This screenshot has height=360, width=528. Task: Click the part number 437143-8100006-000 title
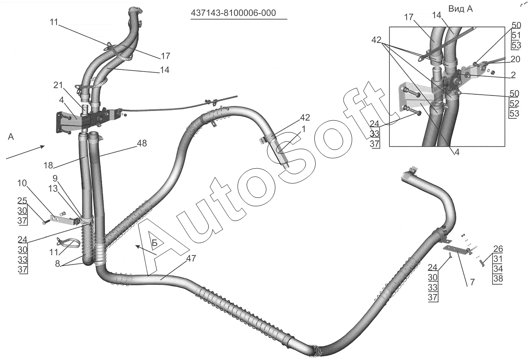tap(233, 13)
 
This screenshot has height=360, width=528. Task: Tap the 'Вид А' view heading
tap(460, 9)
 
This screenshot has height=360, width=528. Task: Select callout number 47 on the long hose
tap(191, 258)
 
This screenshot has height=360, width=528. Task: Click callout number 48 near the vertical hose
tap(142, 143)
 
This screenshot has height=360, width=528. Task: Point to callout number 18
tap(48, 165)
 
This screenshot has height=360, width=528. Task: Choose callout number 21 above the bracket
tap(58, 85)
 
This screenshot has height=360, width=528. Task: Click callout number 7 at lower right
tap(472, 282)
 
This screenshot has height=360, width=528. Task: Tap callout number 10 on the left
tap(22, 183)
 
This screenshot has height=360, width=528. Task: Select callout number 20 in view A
tap(515, 59)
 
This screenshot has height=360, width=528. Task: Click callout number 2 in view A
tap(513, 75)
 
